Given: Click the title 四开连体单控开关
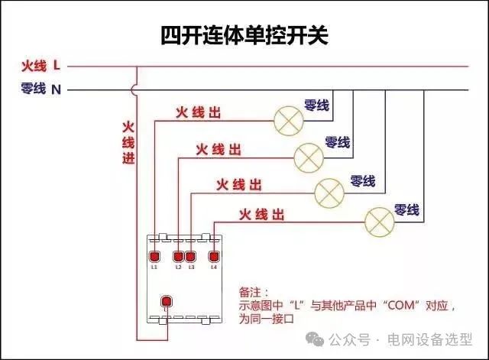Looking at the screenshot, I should pyautogui.click(x=244, y=35).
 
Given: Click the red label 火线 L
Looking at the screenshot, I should pyautogui.click(x=42, y=66).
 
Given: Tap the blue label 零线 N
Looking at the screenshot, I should pyautogui.click(x=42, y=89).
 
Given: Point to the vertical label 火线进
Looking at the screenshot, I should pyautogui.click(x=128, y=142).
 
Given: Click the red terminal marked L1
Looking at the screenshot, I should pyautogui.click(x=154, y=256).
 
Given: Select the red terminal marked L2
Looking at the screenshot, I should pyautogui.click(x=178, y=256).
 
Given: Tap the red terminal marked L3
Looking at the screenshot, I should pyautogui.click(x=190, y=256).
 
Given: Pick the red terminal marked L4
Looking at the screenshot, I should pyautogui.click(x=214, y=256).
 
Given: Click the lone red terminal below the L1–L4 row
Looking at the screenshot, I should pyautogui.click(x=165, y=300).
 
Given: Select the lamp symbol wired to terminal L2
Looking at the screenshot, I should pyautogui.click(x=308, y=156).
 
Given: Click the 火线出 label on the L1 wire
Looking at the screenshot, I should pyautogui.click(x=199, y=112).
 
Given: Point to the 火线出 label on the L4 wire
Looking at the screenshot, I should pyautogui.click(x=262, y=213).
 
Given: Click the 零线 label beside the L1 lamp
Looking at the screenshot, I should pyautogui.click(x=316, y=105).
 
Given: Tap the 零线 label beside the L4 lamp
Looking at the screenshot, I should pyautogui.click(x=406, y=209).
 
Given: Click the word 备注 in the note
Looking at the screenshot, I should pyautogui.click(x=251, y=293).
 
